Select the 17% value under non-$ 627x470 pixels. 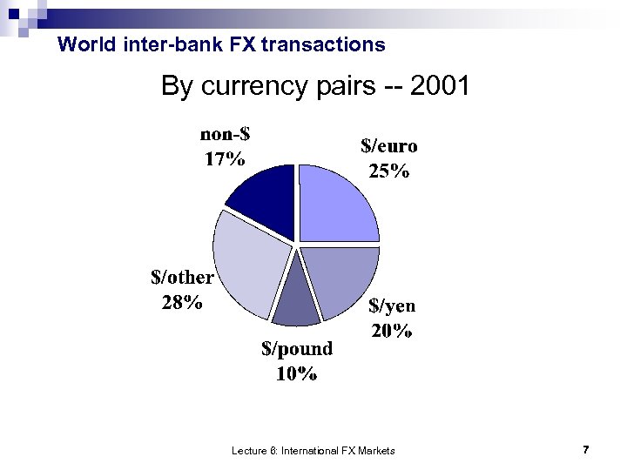point(225,158)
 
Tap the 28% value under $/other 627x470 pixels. point(183,302)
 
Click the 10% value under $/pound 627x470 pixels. point(296,374)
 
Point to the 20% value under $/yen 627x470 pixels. point(391,331)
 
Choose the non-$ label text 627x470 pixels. point(225,134)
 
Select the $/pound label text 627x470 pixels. point(297,349)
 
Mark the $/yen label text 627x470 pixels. point(392,305)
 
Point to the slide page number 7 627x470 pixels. point(586,450)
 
